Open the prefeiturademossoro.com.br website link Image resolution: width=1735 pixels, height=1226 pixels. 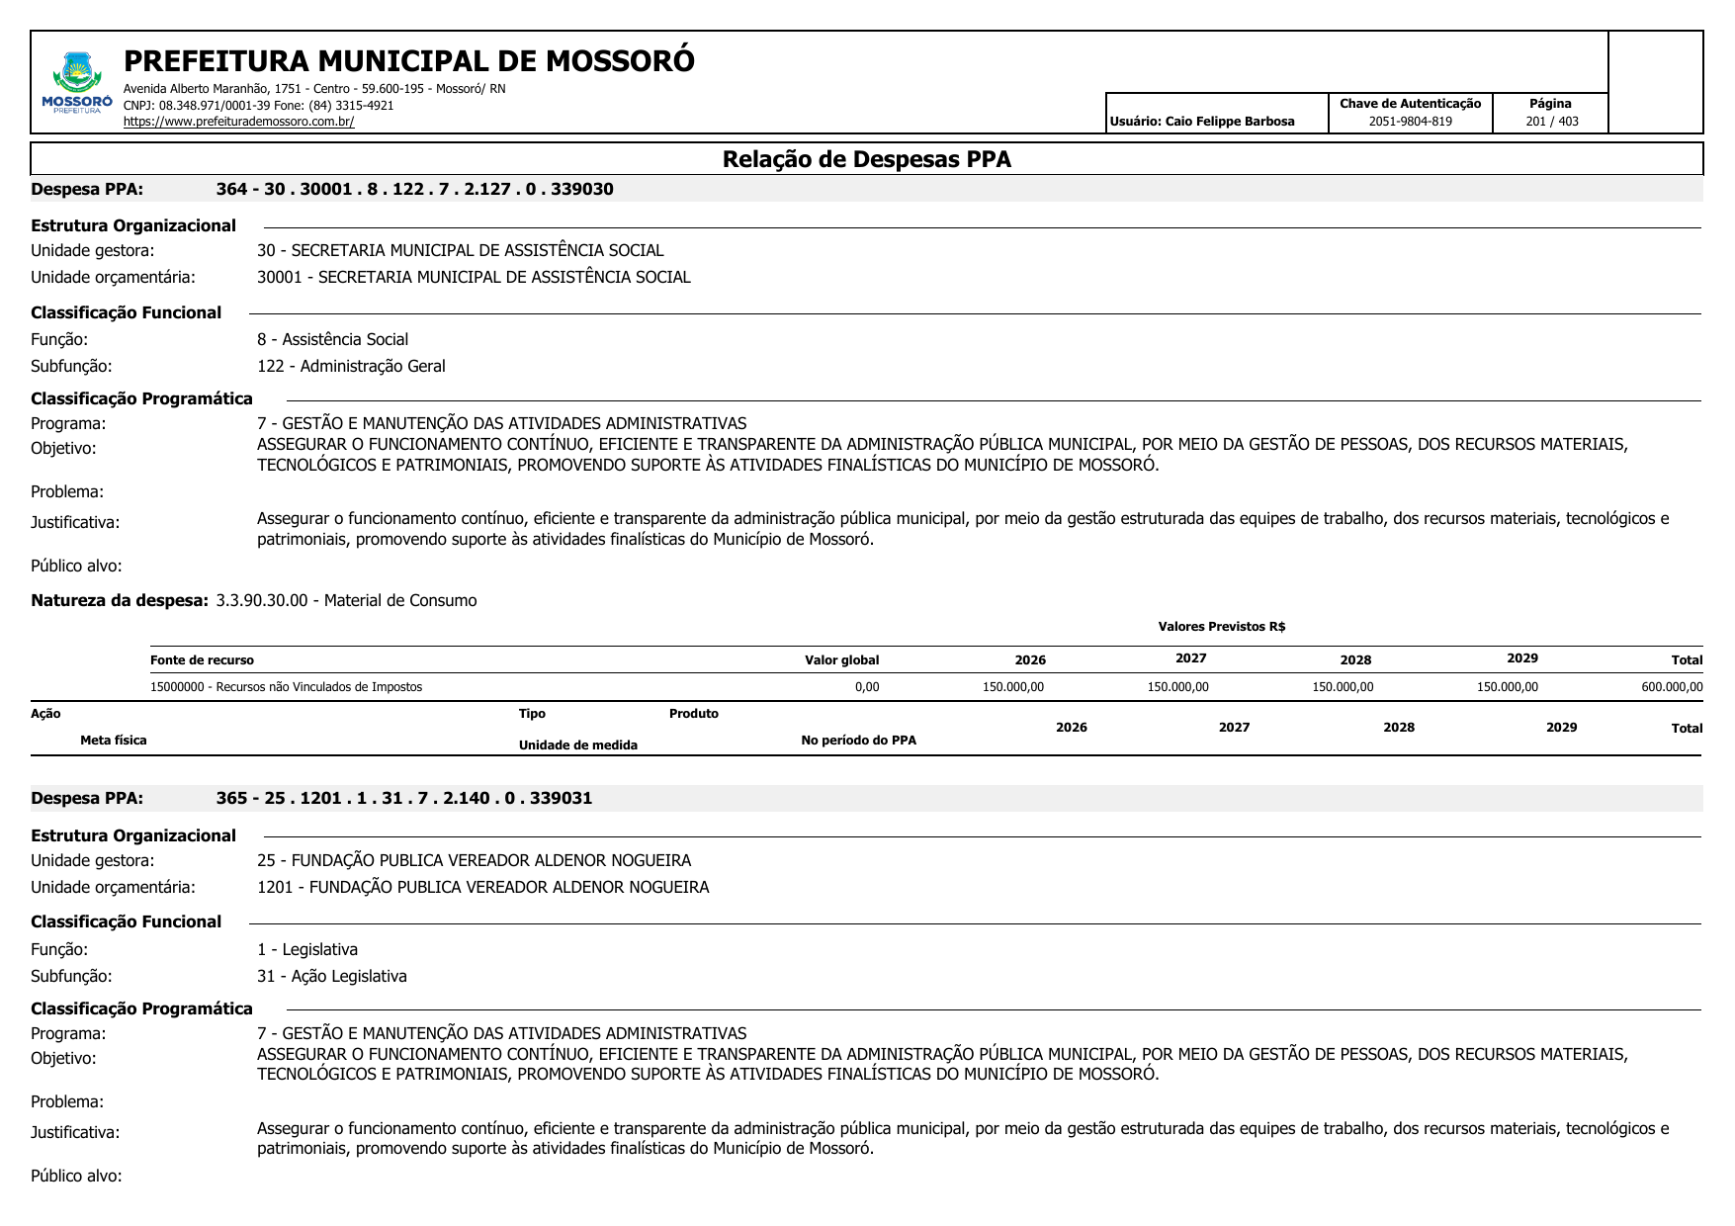pos(238,122)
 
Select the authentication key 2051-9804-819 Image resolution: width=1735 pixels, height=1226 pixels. pos(1410,122)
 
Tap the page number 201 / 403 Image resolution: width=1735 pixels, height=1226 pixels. pos(1551,122)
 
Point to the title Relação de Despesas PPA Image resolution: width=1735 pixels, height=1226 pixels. pos(866,159)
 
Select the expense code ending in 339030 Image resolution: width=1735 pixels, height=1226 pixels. pos(414,189)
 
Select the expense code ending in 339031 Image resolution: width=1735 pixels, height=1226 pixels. pos(403,798)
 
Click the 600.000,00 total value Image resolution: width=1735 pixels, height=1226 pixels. pos(1671,687)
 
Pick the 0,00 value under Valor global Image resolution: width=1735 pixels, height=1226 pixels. pos(866,687)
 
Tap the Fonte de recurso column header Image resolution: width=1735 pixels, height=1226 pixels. pos(202,660)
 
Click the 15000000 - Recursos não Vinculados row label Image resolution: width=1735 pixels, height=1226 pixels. pos(286,687)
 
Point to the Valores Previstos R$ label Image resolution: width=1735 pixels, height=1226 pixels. pos(1221,627)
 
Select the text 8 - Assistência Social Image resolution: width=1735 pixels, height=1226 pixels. pos(332,339)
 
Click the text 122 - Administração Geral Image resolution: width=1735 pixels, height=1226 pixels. pos(351,366)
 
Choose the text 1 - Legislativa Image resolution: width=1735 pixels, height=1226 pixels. pos(306,949)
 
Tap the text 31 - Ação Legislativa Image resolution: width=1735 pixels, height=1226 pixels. pos(331,976)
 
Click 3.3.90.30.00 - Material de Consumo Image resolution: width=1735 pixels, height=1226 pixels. pos(346,600)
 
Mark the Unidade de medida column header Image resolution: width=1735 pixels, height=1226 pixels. pos(577,745)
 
